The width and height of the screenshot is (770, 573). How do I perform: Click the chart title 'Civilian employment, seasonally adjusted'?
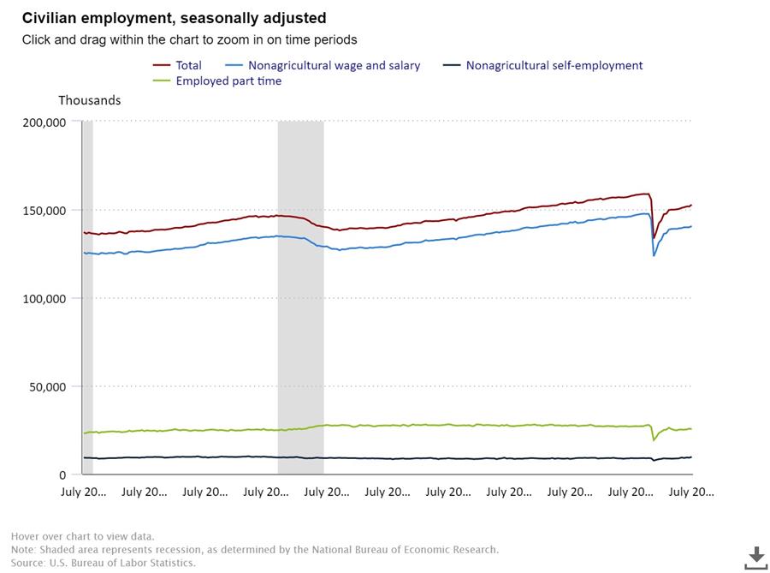[x=174, y=18]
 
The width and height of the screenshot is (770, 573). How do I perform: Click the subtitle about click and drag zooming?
[x=189, y=39]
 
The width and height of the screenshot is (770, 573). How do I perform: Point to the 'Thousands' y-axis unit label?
[x=89, y=100]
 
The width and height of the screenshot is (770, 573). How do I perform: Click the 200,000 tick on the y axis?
[x=44, y=122]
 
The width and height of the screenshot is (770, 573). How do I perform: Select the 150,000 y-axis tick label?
[x=44, y=211]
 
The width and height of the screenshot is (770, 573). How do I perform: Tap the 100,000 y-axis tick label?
[x=44, y=299]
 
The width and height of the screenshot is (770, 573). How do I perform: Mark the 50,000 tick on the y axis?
[x=47, y=387]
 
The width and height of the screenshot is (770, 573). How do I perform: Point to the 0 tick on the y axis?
[x=62, y=475]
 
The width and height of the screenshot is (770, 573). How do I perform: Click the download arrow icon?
[x=755, y=556]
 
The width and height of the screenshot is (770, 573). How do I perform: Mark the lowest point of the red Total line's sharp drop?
[x=654, y=237]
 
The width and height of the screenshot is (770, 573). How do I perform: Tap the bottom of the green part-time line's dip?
[x=654, y=440]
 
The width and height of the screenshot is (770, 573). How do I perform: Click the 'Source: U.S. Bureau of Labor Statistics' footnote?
[x=103, y=563]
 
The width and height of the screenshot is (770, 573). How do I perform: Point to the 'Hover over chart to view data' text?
[x=83, y=537]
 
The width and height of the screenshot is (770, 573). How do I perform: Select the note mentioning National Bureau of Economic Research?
[x=255, y=550]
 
